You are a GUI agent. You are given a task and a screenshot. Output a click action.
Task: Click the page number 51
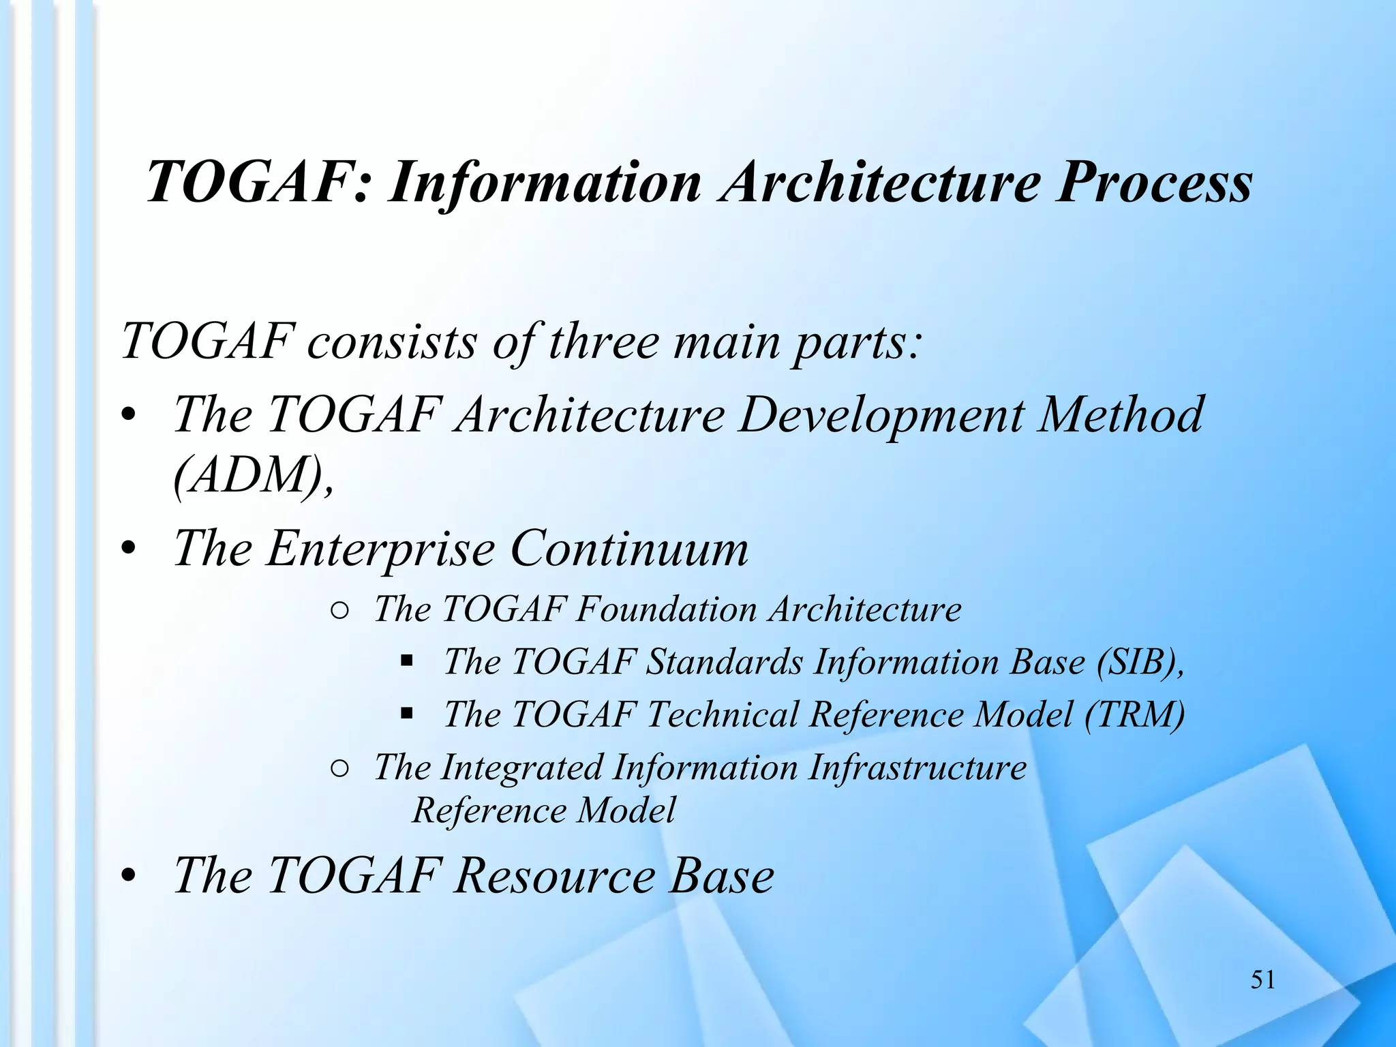1262,980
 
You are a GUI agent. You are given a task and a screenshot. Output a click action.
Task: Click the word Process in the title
1154,183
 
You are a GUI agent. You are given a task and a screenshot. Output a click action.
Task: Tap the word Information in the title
545,183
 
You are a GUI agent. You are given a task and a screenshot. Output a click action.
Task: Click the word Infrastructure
917,768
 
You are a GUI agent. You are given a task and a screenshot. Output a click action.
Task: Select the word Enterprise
380,549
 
